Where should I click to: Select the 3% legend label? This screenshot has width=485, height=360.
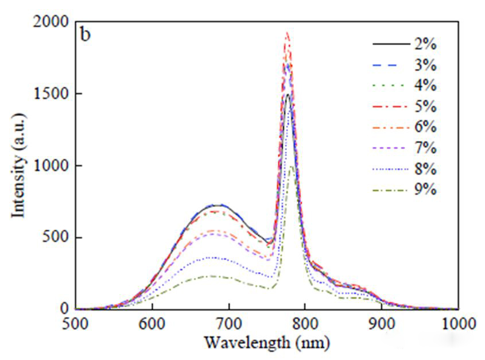coord(424,65)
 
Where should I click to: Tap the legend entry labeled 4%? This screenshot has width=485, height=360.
coord(424,86)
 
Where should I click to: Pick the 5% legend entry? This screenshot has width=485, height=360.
coord(424,107)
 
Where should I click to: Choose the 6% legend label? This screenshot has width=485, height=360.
coord(424,127)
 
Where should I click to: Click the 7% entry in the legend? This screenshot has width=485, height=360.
coord(424,148)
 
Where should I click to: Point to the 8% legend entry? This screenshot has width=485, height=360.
coord(424,169)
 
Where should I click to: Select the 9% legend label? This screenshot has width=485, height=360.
coord(424,189)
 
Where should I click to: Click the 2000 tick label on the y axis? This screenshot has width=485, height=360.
coord(52,22)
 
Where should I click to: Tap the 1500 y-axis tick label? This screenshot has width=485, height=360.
coord(52,94)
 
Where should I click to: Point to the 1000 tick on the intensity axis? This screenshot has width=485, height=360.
coord(52,165)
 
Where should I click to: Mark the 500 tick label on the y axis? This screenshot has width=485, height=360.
coord(57,237)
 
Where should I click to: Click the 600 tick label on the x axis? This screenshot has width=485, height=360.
coord(152,323)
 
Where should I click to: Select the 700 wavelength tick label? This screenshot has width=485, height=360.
coord(228,323)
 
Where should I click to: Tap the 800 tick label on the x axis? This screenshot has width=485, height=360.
coord(305,323)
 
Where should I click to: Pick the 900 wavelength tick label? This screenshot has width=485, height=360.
coord(381,323)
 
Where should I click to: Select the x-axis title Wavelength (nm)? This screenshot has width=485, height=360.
coord(267,343)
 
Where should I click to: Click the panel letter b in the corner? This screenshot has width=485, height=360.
coord(85,35)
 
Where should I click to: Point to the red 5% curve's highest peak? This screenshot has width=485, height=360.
coord(288,33)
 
